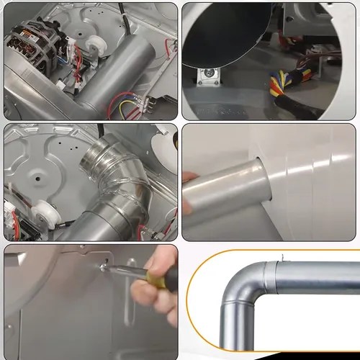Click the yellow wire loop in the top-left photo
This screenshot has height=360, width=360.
[130, 108]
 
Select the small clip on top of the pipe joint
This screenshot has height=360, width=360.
[283, 258]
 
